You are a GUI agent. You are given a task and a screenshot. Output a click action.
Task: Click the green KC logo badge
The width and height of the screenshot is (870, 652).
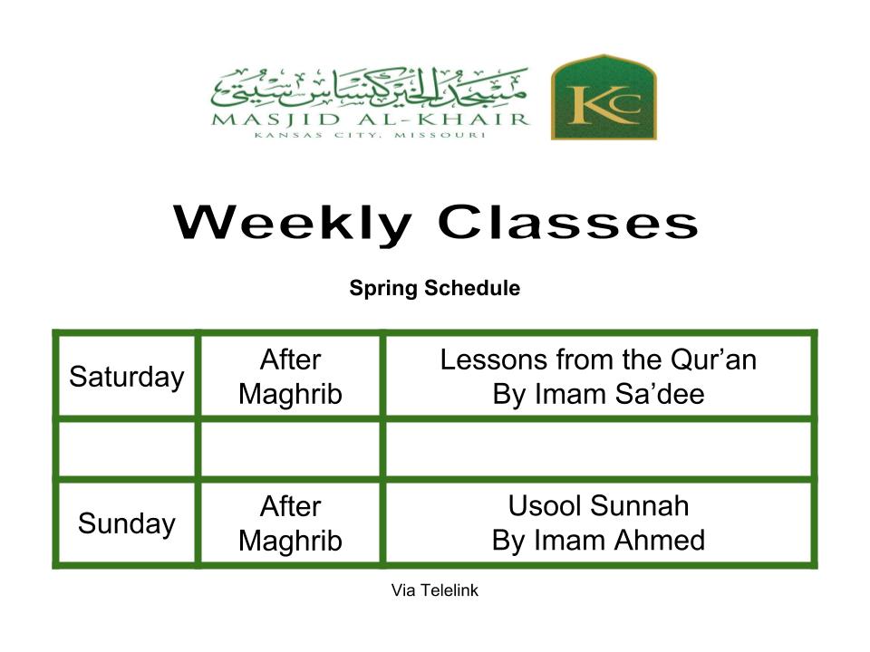[x=604, y=97]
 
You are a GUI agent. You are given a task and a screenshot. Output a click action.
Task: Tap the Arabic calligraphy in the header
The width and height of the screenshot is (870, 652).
[x=369, y=88]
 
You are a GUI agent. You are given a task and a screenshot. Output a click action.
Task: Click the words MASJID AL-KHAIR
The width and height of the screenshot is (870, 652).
[x=370, y=120]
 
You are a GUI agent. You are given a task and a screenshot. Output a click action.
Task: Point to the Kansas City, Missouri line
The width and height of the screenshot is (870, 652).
[x=370, y=135]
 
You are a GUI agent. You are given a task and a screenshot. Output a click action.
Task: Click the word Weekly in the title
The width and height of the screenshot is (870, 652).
[x=293, y=223]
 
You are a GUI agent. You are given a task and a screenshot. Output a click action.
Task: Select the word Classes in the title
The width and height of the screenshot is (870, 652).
[x=567, y=222]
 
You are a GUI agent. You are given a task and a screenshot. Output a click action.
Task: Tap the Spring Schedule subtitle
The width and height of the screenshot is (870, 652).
[x=434, y=288]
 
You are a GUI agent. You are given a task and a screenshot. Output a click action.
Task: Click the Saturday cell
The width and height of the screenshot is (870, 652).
[x=127, y=377]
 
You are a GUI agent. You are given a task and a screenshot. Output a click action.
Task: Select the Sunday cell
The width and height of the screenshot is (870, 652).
[x=127, y=523]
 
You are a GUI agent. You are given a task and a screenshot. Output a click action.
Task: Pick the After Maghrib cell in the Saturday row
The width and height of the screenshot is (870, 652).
[x=290, y=377]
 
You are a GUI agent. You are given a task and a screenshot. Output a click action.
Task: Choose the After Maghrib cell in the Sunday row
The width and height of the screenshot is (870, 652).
[x=290, y=523]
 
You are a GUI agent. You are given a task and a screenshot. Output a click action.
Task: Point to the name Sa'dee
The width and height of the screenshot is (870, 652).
[x=660, y=394]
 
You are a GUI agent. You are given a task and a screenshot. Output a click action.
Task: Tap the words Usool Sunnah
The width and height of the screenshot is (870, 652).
[x=598, y=505]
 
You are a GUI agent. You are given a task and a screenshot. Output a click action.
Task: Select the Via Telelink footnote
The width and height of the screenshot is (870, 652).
[x=434, y=590]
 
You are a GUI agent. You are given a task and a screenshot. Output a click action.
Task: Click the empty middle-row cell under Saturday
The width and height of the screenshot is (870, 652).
[x=127, y=448]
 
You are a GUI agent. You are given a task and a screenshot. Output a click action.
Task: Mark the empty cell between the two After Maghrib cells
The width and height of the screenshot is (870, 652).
[x=290, y=448]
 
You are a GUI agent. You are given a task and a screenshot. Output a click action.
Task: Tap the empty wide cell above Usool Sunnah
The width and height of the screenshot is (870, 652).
[x=599, y=448]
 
